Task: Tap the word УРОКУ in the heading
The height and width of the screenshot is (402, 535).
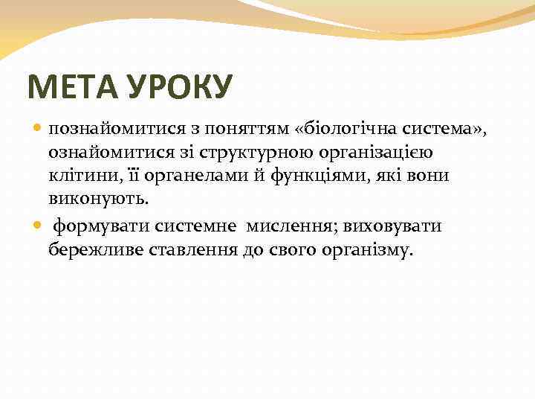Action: [182, 87]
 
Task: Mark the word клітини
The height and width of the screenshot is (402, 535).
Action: [78, 176]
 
